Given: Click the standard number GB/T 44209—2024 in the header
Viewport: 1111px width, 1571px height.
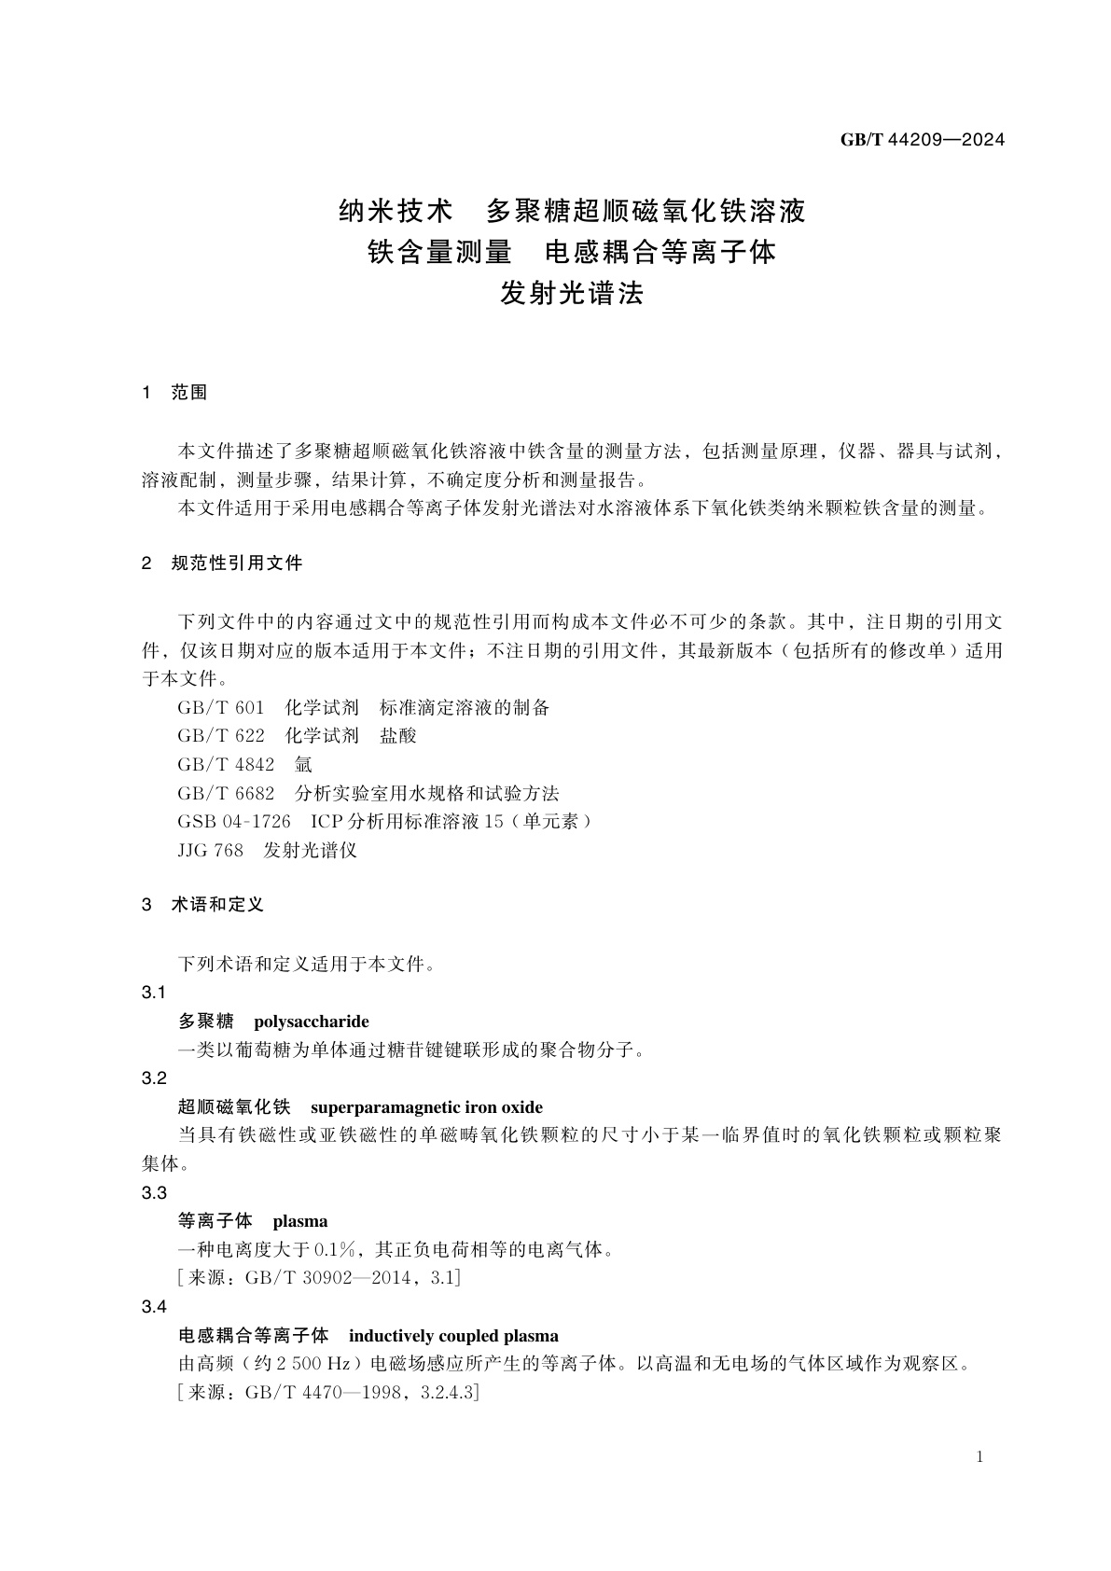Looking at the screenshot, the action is point(922,140).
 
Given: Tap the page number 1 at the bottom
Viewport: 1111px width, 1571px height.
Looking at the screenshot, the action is point(979,1457).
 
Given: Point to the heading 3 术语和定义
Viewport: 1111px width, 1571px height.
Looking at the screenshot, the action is point(202,905).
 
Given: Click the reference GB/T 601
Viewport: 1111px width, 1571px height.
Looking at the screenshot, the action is point(220,707).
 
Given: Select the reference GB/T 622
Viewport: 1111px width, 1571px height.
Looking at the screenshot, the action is point(220,736).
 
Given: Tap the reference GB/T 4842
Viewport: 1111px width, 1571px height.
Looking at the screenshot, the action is point(226,765).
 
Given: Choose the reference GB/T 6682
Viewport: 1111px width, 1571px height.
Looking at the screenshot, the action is point(226,793).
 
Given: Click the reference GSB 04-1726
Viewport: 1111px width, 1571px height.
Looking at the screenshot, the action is point(233,822).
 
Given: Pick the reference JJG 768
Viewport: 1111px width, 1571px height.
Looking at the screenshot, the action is point(210,851).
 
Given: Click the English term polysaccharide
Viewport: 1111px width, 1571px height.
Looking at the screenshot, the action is point(311,1022).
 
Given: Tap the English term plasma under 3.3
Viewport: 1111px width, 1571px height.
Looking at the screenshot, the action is point(299,1221).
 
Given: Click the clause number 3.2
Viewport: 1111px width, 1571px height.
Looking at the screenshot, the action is point(154,1078).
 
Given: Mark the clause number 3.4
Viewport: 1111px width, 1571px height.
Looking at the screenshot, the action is point(154,1307).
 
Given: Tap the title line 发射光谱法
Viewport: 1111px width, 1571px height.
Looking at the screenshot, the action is point(572,294).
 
